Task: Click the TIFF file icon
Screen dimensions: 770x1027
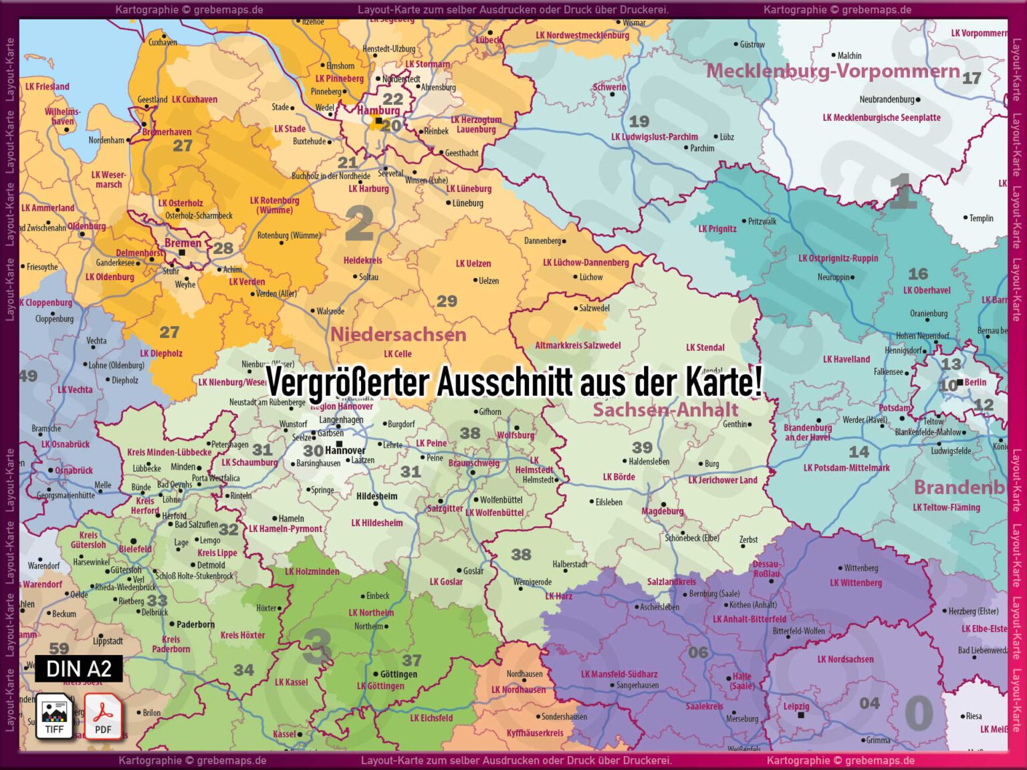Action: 54,716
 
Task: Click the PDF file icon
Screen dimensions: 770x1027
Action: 103,716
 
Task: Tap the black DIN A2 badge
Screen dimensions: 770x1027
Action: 79,668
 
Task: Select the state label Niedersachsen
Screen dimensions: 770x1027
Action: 398,334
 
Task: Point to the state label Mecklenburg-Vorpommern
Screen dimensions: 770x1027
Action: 833,71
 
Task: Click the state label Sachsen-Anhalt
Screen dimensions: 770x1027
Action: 665,410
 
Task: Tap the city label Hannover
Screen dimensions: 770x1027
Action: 345,451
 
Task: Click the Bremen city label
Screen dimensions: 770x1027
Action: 183,243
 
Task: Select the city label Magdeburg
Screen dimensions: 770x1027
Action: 662,511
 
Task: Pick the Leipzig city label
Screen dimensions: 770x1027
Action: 796,706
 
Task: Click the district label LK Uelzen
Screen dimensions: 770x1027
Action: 473,263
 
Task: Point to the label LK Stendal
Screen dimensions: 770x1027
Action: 705,347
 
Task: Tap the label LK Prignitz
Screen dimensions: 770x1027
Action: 717,229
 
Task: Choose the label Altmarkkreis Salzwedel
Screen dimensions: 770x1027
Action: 578,346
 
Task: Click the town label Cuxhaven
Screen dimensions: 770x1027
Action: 162,42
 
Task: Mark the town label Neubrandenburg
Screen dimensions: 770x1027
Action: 887,100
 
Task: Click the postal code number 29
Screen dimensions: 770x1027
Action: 447,301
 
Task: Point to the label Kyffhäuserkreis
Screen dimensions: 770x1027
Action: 534,733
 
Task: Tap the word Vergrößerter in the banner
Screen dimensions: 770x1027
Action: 348,383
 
